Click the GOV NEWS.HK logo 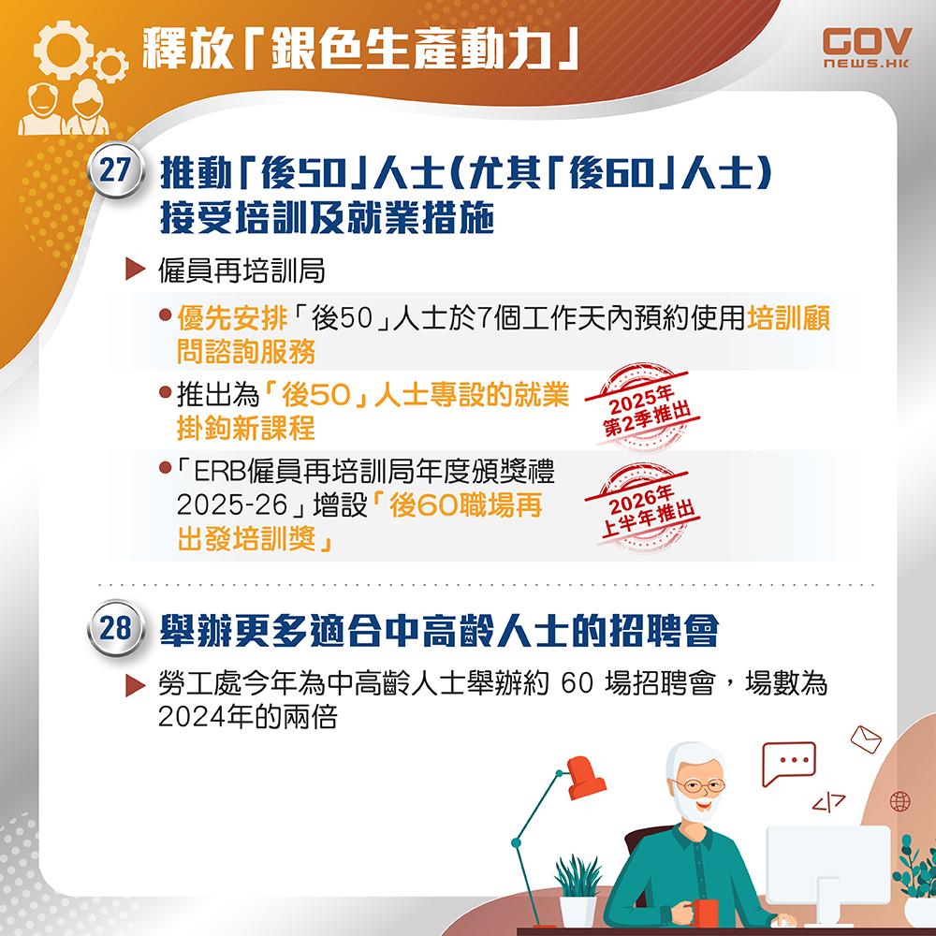[866, 48]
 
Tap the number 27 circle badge [114, 172]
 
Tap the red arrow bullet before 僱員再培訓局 [134, 273]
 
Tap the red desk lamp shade [586, 778]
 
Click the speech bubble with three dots [788, 761]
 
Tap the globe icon [900, 801]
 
